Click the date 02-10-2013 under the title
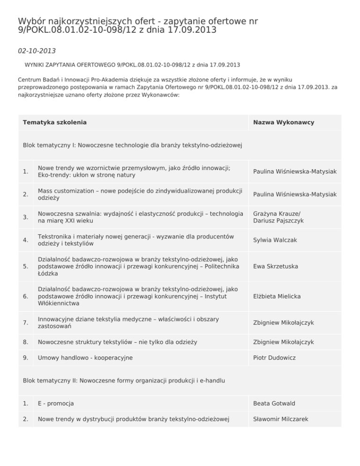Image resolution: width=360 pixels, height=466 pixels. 37,50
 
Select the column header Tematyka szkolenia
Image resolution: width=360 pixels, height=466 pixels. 54,122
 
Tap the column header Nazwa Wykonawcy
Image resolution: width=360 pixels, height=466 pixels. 284,122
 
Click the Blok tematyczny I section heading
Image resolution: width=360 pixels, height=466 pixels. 132,145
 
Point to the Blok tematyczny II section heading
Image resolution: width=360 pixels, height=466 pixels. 124,380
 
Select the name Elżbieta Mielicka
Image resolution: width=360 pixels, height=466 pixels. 277,296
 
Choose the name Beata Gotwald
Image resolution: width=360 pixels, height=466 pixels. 274,403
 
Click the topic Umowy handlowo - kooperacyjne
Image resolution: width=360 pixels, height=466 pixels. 85,358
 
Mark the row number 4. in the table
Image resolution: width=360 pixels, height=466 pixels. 26,240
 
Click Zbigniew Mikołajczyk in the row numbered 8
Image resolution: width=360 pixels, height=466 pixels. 284,342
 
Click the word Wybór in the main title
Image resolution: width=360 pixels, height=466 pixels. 31,21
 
